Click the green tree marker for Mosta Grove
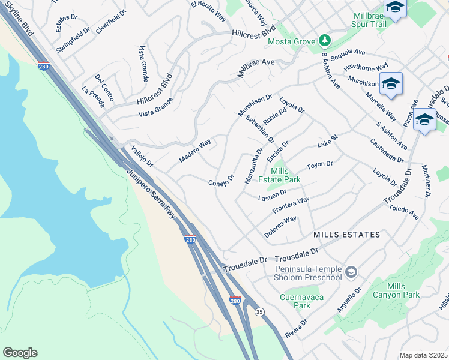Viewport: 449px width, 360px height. point(325,40)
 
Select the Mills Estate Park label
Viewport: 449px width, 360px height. point(279,175)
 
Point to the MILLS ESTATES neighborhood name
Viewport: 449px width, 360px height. point(346,234)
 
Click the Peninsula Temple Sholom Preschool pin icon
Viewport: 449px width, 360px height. point(351,273)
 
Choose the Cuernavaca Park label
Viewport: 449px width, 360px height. point(295,301)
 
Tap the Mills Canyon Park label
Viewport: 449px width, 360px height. point(404,290)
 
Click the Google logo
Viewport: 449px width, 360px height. point(20,353)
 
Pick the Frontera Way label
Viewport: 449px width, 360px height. point(291,205)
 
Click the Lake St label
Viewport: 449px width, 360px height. point(328,142)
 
